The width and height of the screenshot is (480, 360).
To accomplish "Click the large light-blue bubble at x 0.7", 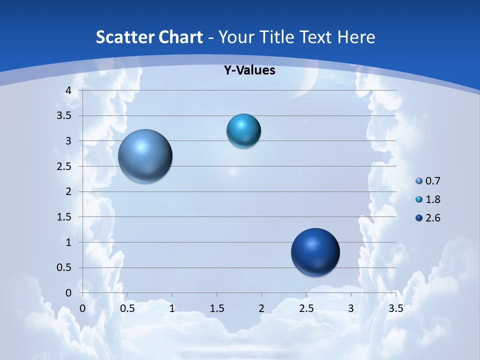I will coord(145,156).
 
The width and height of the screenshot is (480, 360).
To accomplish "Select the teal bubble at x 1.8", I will coord(243,131).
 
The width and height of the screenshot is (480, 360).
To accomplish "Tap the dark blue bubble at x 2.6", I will coord(315,252).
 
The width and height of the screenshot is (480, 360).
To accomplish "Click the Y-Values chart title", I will coord(249,70).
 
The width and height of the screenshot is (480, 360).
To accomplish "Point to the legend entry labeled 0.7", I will coord(428,181).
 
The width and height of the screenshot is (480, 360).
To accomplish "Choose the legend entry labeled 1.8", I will coord(428,199).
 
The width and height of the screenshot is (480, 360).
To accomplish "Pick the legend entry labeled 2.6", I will coord(428,218).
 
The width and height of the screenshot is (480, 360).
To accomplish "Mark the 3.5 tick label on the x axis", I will coord(395,308).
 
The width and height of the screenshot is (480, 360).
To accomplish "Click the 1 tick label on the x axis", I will coord(172,308).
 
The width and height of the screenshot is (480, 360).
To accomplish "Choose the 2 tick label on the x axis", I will coord(261,308).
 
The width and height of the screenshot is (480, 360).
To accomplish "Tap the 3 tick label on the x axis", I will coord(351,308).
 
